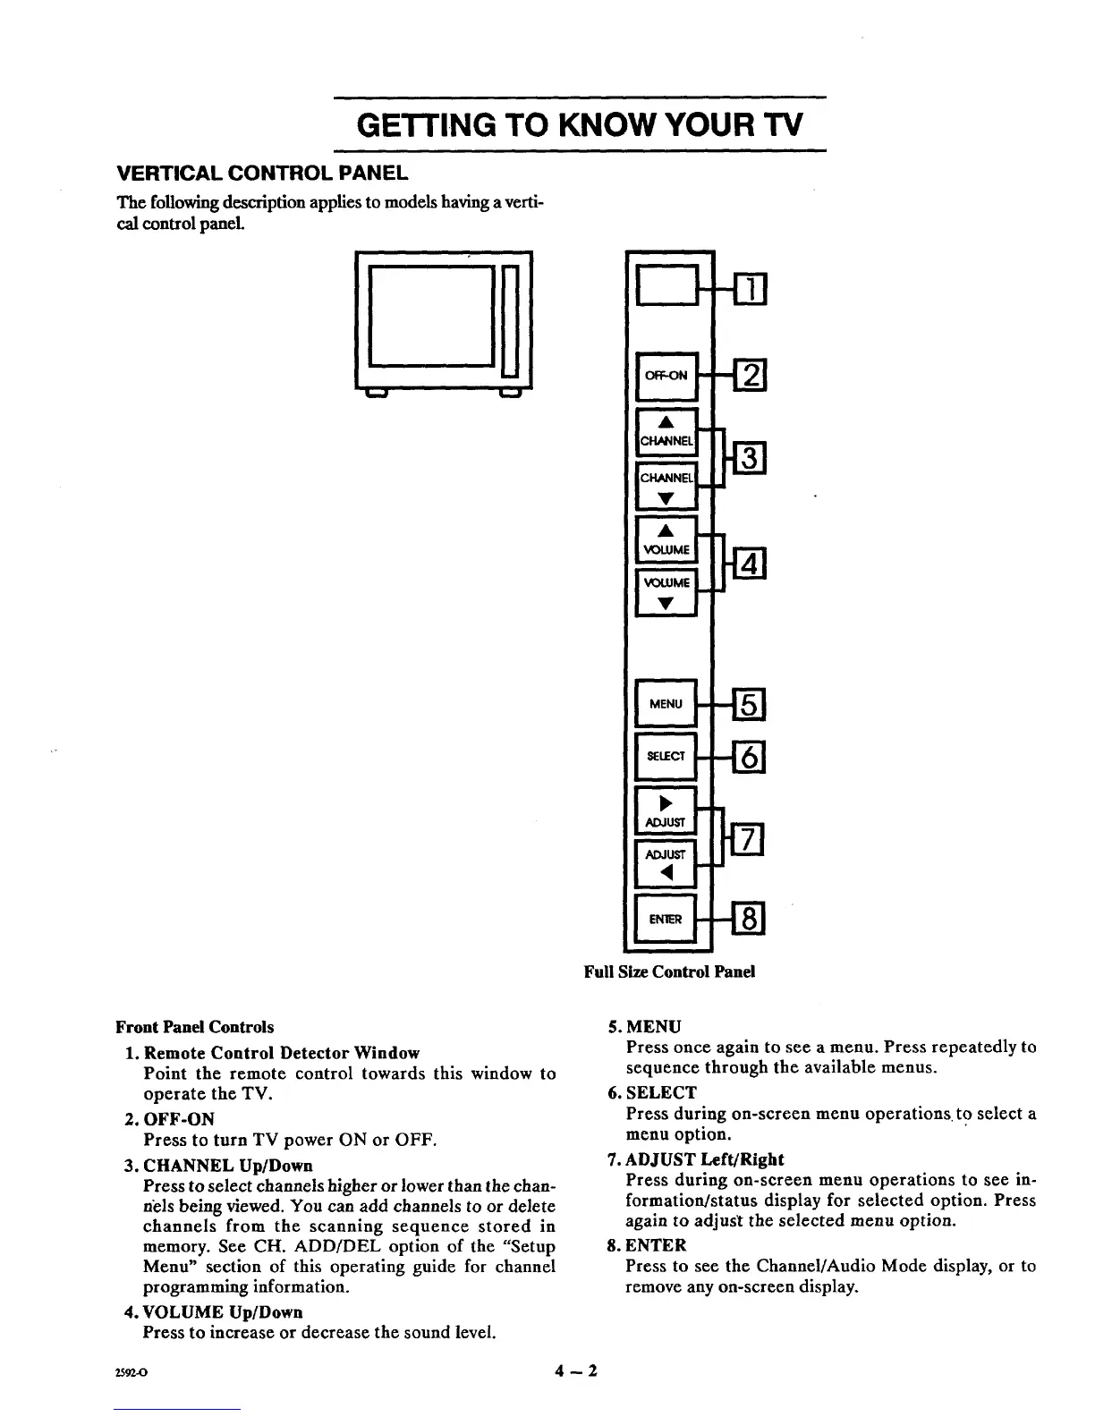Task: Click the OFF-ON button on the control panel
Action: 666,376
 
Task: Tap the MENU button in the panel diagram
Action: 666,704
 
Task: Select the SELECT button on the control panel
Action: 666,756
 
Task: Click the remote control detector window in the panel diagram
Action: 666,287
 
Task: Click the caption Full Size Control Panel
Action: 669,972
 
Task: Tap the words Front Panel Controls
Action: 195,1027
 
